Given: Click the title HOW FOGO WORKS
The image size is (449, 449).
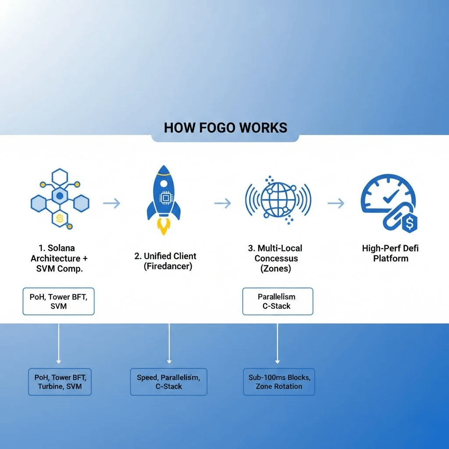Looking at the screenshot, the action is click(x=225, y=128).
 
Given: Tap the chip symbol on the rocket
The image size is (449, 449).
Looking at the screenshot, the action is click(x=166, y=198).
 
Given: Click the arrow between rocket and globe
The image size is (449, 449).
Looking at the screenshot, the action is click(x=222, y=203).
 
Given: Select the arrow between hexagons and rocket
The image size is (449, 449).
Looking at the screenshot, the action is click(x=111, y=203).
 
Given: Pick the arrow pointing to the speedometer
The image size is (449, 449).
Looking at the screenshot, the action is click(x=336, y=203).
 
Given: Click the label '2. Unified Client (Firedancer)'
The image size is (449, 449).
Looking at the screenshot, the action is click(x=165, y=261).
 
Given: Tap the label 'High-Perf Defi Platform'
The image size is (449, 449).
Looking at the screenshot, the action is click(x=390, y=253).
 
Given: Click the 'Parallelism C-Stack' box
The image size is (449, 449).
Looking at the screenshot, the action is click(x=278, y=302).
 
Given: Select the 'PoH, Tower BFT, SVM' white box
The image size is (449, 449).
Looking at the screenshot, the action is click(x=58, y=302).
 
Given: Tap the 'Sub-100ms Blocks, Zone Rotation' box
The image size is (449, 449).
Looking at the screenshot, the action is click(x=278, y=381).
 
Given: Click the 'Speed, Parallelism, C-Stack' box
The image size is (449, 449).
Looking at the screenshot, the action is click(x=168, y=381).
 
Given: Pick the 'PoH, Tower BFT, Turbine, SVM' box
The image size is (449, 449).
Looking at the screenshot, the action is click(x=60, y=381).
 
